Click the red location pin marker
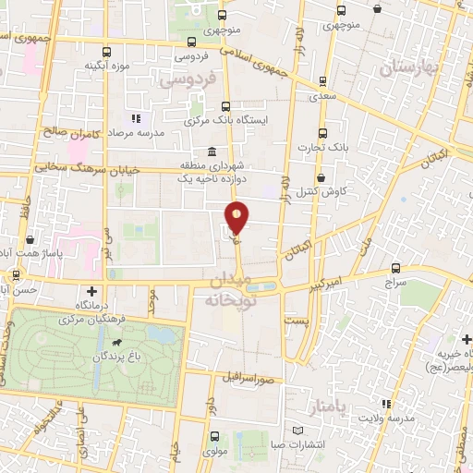coord(237,217)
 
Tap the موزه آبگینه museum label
coord(106,66)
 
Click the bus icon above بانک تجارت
coord(321,132)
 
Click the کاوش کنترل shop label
coord(321,191)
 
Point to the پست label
coord(295,320)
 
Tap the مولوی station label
coord(214,452)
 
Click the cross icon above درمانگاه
coord(90,290)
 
